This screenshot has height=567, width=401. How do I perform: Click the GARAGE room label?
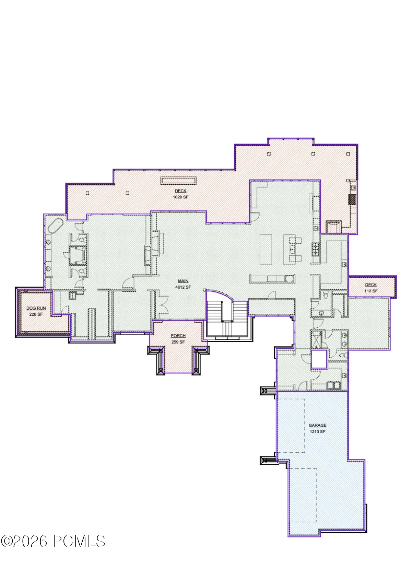[317, 425]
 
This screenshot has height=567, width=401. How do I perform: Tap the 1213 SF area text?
[318, 431]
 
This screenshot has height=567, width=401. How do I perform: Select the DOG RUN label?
[36, 308]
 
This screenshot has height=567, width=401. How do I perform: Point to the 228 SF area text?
[36, 314]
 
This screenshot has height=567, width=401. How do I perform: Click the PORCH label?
[178, 336]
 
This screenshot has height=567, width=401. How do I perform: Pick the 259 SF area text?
[178, 342]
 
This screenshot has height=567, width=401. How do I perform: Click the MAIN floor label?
[183, 281]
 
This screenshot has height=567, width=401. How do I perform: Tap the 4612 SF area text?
[183, 287]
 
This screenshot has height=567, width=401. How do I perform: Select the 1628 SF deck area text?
[181, 197]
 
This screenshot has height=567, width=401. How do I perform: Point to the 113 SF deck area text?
[371, 291]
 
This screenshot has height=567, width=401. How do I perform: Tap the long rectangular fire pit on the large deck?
[179, 181]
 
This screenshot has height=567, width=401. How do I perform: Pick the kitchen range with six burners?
[315, 249]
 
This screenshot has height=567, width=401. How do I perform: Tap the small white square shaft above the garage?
[319, 359]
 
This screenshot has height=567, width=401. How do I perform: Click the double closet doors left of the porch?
[163, 305]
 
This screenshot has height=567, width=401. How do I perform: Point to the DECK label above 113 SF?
[371, 285]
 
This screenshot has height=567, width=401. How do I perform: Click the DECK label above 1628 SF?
[181, 191]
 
